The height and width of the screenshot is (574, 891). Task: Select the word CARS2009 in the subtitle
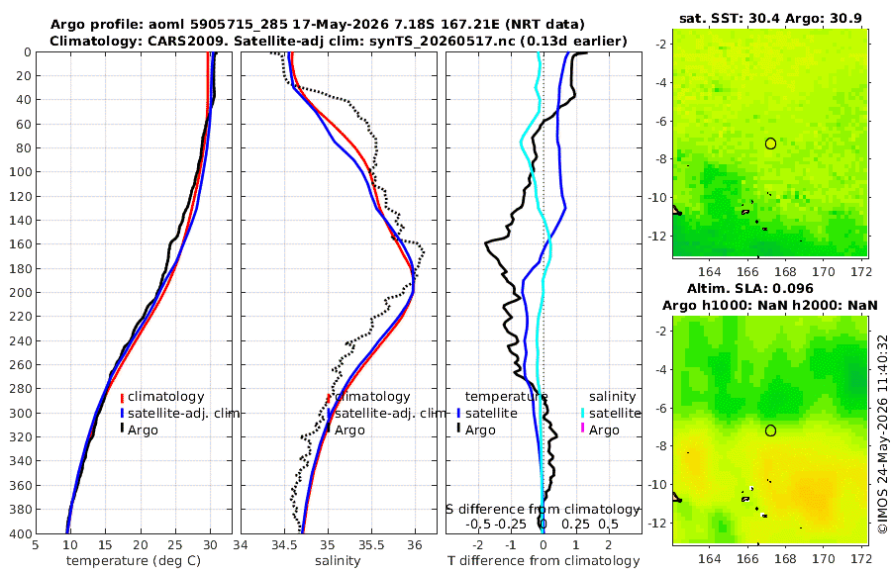coord(193,41)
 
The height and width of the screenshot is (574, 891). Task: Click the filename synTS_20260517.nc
coord(444,41)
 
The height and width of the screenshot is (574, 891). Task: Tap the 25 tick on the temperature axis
coord(175,544)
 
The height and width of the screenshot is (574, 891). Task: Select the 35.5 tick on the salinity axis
coord(371,544)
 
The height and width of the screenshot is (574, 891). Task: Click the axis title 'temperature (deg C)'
coord(134,561)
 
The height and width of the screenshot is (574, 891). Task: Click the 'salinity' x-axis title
coord(338,561)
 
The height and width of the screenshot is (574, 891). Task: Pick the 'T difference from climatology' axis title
coord(544,561)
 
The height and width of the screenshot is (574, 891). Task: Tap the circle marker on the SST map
coord(770,143)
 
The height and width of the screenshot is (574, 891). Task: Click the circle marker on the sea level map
coord(770,430)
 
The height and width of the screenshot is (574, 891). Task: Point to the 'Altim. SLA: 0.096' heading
coord(750,288)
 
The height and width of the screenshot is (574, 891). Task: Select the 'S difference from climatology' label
coord(543,509)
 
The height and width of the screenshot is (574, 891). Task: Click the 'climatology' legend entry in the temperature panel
coord(162,396)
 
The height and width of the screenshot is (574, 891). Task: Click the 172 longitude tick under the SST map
coord(861,271)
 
